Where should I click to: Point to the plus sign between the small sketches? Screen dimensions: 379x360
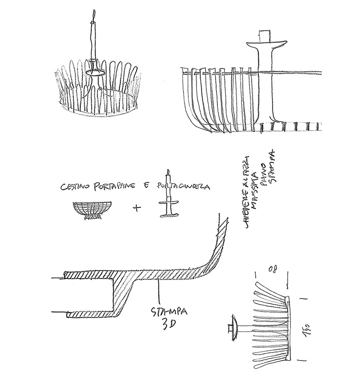click(137, 208)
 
